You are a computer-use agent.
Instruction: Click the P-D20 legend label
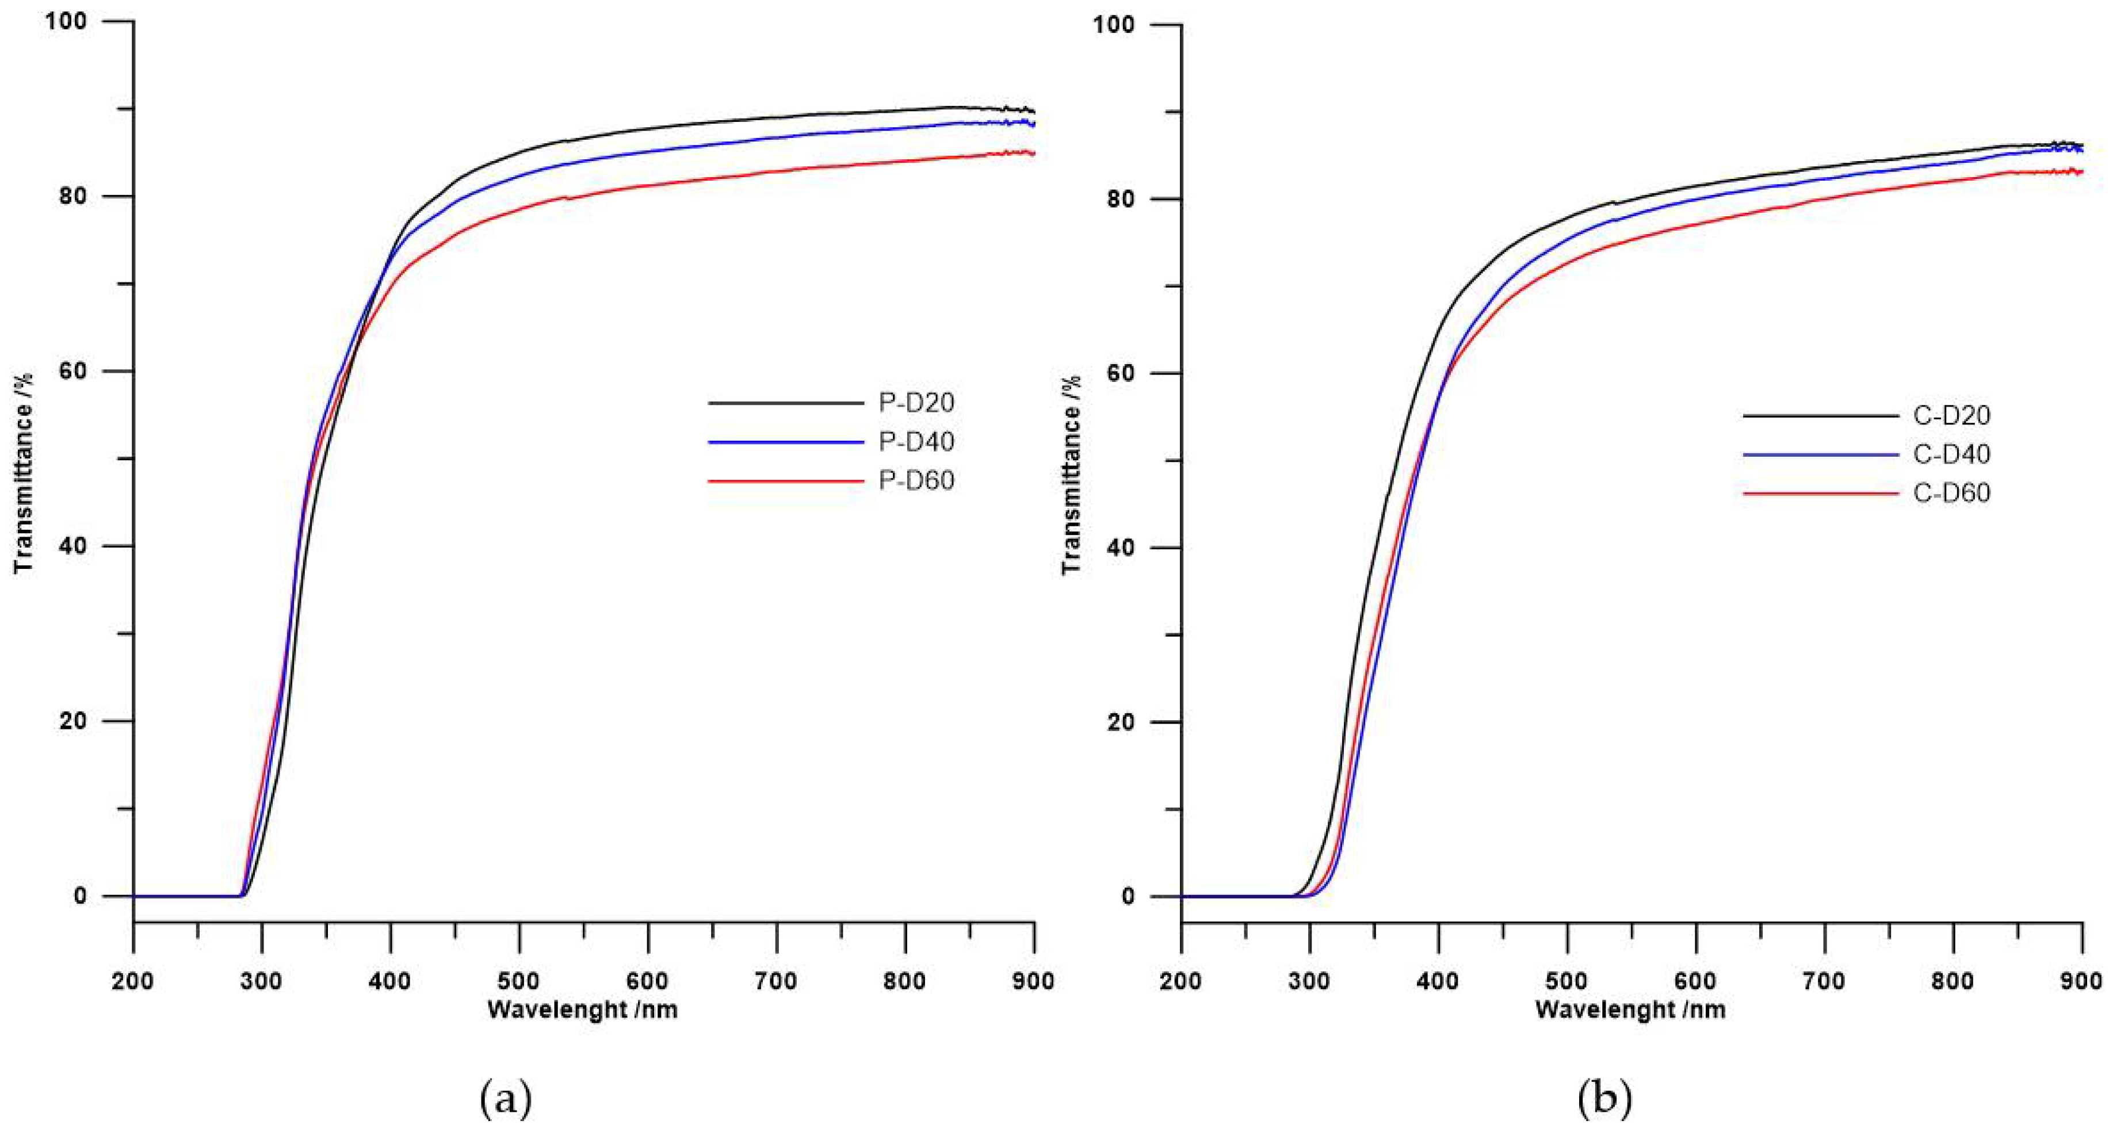pyautogui.click(x=916, y=403)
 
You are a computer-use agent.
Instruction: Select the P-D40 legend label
pyautogui.click(x=916, y=442)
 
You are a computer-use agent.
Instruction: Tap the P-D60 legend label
pyautogui.click(x=916, y=480)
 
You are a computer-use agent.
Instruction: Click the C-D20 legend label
pyautogui.click(x=1952, y=416)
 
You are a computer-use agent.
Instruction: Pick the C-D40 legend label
pyautogui.click(x=1952, y=454)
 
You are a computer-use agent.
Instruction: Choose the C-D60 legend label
pyautogui.click(x=1952, y=493)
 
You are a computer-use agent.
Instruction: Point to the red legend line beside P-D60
pyautogui.click(x=785, y=481)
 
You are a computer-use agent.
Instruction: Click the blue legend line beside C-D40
pyautogui.click(x=1820, y=454)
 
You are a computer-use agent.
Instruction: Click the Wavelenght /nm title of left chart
pyautogui.click(x=582, y=1010)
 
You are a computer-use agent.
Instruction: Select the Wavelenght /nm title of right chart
pyautogui.click(x=1631, y=1010)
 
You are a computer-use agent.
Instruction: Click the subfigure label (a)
pyautogui.click(x=505, y=1099)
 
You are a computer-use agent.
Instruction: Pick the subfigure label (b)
pyautogui.click(x=1604, y=1099)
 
